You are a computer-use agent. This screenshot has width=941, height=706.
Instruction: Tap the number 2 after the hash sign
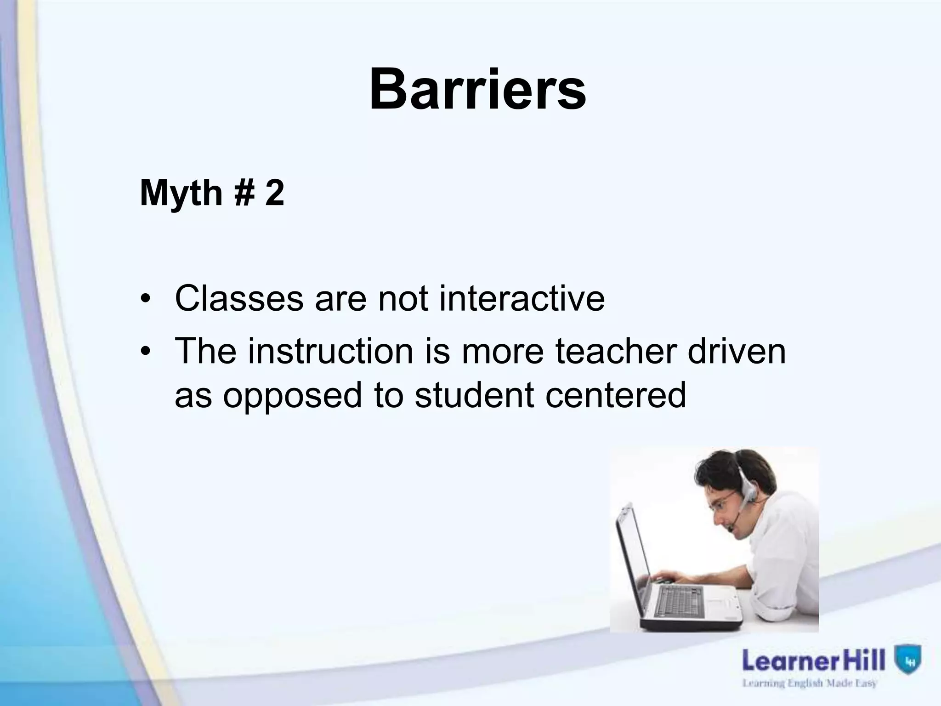[x=274, y=193]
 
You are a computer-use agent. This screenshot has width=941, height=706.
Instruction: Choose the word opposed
[x=293, y=395]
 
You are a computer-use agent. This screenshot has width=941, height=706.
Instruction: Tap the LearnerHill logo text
[x=813, y=661]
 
